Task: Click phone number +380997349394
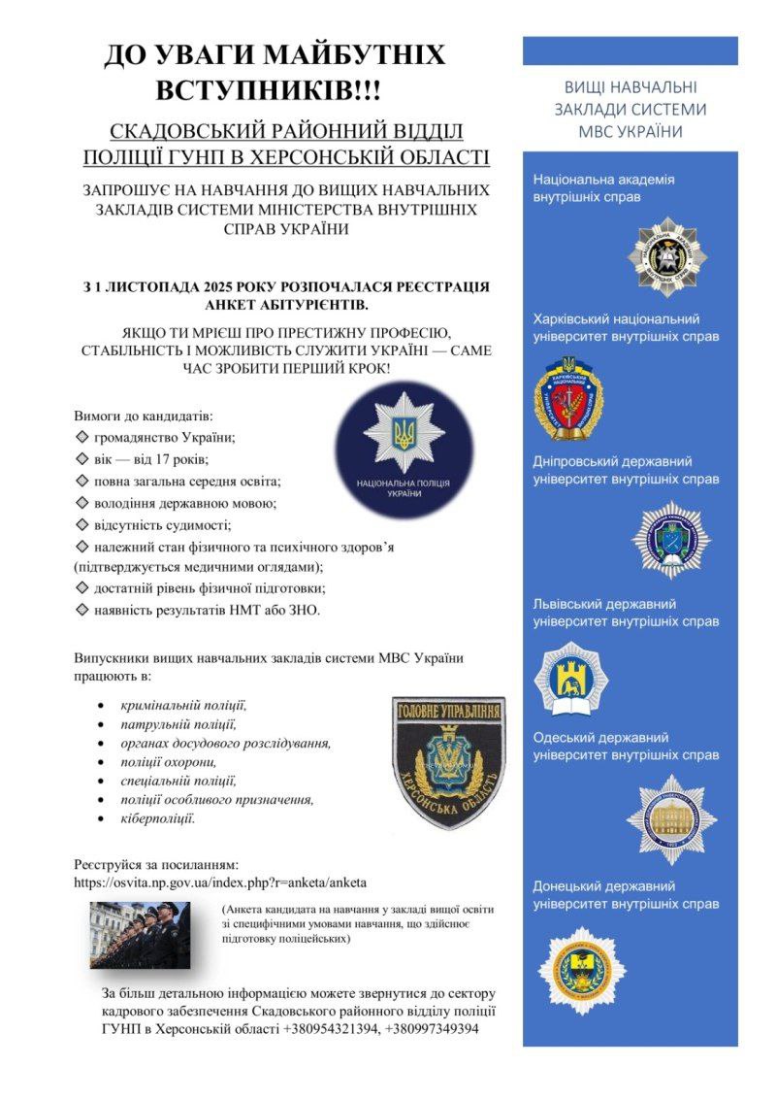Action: click(x=432, y=1029)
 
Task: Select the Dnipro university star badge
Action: click(x=670, y=540)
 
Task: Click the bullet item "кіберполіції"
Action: click(x=157, y=819)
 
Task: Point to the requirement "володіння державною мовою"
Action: click(x=184, y=503)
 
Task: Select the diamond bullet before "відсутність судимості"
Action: click(x=81, y=525)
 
